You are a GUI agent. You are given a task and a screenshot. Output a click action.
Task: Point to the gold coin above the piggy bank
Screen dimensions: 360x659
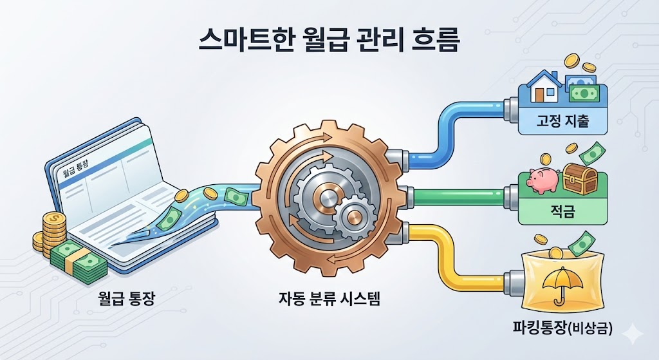coord(546,158)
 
